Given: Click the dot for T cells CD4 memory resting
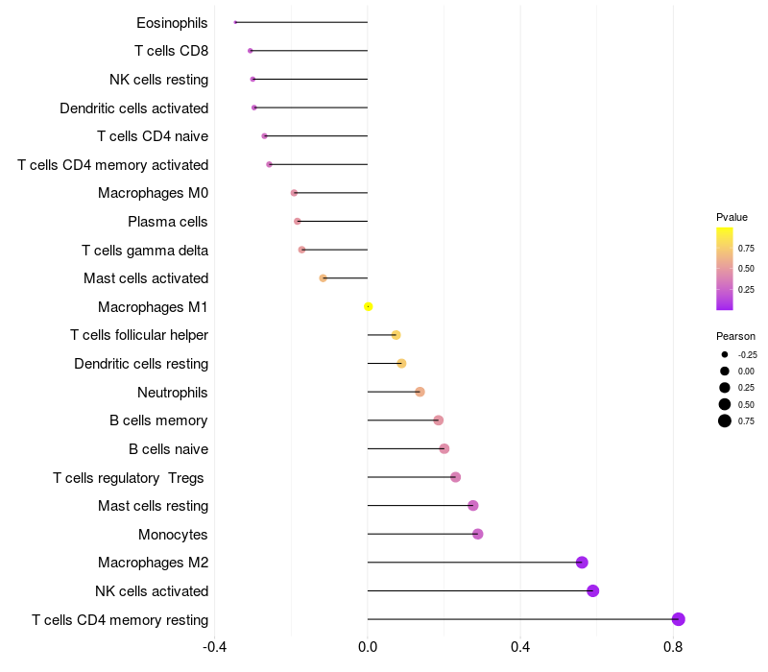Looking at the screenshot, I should (679, 619).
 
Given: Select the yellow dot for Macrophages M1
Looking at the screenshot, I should (368, 307).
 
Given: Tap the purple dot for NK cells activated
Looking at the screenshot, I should (593, 590).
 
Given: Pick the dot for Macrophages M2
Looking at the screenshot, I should (582, 563).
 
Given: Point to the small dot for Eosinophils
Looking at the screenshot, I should (235, 22).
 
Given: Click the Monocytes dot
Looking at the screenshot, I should (478, 534).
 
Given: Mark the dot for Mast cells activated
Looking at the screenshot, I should (324, 278).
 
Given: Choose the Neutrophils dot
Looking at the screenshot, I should (420, 392).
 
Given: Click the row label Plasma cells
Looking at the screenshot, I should (168, 222).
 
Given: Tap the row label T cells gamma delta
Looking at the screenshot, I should (145, 251).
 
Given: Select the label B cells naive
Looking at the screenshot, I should (169, 449).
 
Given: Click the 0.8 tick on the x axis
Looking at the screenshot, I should (673, 647).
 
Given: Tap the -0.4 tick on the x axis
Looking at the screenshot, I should (215, 647).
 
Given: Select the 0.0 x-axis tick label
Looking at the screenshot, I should (368, 647).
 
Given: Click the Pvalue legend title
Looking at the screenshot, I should (732, 217).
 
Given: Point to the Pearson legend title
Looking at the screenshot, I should (735, 336).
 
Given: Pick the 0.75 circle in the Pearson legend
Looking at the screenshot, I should (725, 420).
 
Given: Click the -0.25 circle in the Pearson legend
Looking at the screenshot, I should (725, 354).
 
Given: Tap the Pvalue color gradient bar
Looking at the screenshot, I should (725, 269).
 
